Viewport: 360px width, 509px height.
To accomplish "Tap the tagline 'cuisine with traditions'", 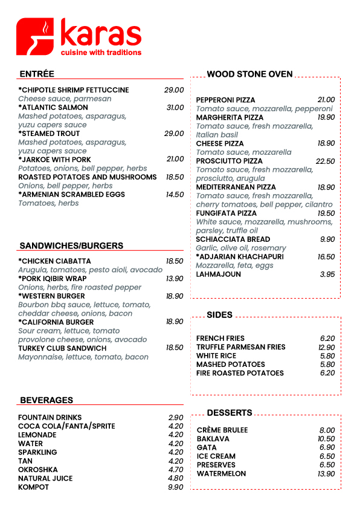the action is tap(101, 53).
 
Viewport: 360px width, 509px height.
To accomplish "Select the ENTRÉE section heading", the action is tap(37, 74).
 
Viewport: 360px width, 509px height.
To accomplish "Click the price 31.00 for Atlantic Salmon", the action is tap(175, 108).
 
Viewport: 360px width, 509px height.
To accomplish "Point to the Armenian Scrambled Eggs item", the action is tap(72, 195).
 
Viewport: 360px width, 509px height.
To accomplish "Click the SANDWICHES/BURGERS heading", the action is tap(71, 246).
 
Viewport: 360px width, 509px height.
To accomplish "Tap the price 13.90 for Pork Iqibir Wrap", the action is tap(175, 279).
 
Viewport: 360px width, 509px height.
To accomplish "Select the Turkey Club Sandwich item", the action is tap(62, 348).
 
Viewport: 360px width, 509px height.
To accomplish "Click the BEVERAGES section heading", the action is tap(47, 400).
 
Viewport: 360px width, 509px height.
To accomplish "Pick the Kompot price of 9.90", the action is tap(176, 487).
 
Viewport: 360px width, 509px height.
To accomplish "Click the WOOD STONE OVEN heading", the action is tap(249, 74).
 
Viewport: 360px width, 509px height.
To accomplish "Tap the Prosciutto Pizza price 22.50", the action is tap(325, 161).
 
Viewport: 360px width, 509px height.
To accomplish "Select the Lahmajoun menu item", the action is tap(218, 274).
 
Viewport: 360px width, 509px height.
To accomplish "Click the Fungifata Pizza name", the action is tap(225, 213).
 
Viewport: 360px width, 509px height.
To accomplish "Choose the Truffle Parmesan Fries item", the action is tap(240, 348).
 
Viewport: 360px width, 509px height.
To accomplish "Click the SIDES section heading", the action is tap(219, 315).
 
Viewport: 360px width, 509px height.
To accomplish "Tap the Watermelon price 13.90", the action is tap(326, 474).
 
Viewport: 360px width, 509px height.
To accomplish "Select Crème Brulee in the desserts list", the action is tap(222, 430).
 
